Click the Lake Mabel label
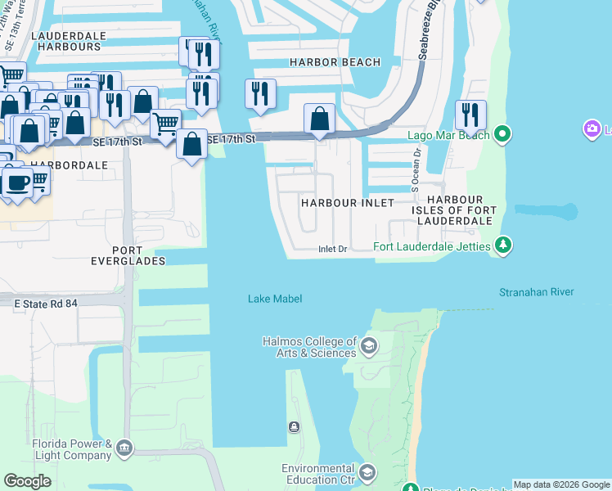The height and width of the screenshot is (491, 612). point(275,299)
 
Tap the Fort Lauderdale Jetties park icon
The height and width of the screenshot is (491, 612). point(504,245)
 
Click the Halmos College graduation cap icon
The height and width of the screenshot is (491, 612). point(368,345)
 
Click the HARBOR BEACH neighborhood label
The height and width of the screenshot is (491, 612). point(335,62)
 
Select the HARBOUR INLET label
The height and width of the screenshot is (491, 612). point(347,202)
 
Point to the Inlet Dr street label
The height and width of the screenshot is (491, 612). point(333,250)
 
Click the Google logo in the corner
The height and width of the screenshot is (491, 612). point(27,480)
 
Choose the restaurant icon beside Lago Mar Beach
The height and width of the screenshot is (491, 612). point(470,115)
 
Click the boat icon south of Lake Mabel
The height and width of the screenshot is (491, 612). point(295,426)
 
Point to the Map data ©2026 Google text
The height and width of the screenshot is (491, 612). point(562,484)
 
